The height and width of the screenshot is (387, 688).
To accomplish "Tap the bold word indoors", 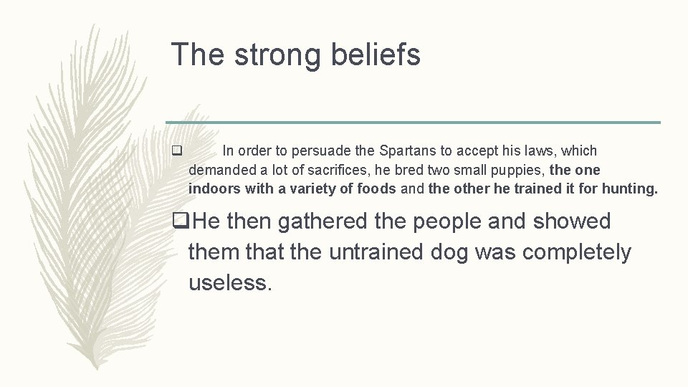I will (214, 189).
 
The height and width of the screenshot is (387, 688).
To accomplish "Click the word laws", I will (542, 151).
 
